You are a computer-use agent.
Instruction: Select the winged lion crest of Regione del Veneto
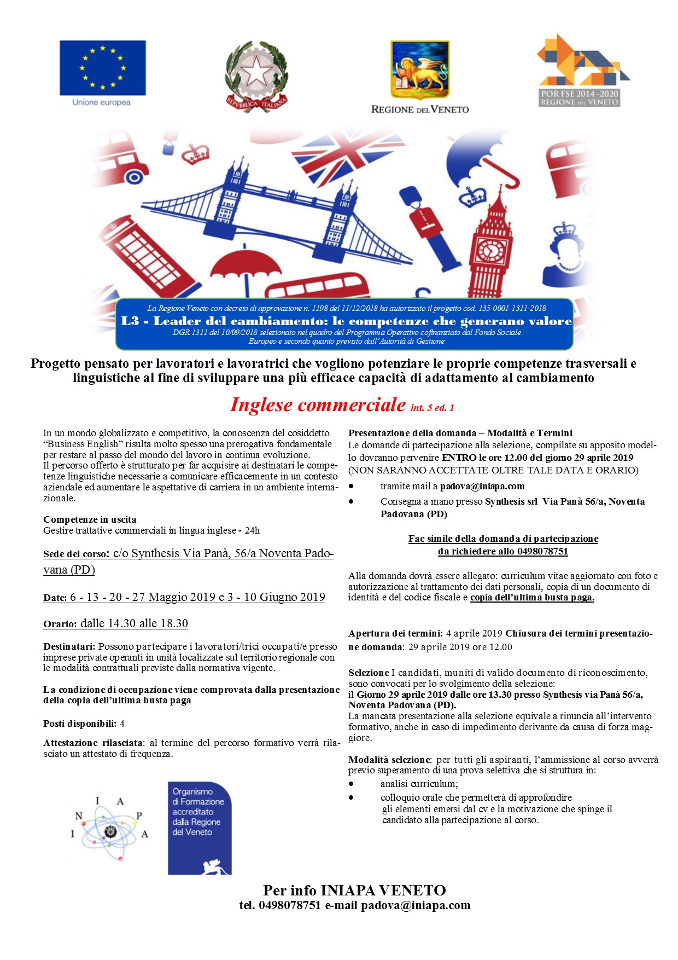(x=419, y=70)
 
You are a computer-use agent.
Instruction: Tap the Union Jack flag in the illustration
(x=349, y=152)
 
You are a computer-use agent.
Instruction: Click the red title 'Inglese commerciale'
(x=318, y=404)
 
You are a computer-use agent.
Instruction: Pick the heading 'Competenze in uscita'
(x=90, y=519)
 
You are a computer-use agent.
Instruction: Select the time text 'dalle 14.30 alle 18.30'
(x=134, y=623)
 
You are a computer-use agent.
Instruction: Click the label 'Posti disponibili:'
(x=80, y=724)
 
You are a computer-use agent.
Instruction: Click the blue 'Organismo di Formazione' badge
(x=199, y=827)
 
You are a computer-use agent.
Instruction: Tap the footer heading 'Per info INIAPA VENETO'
(x=354, y=890)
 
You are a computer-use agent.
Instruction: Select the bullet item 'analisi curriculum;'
(x=419, y=784)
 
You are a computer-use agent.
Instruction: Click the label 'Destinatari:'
(x=69, y=646)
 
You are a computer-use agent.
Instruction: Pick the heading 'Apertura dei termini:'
(x=395, y=633)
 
